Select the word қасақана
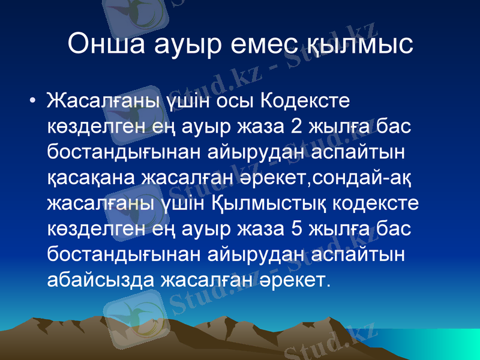pyautogui.click(x=91, y=178)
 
